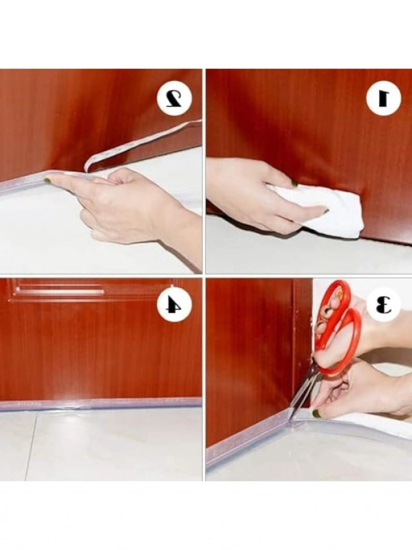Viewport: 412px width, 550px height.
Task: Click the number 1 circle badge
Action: (383, 98)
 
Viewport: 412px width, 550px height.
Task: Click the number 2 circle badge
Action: (174, 98)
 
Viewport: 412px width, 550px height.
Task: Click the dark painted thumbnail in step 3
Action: (316, 414)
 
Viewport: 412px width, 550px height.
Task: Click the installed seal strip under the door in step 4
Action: (101, 408)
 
